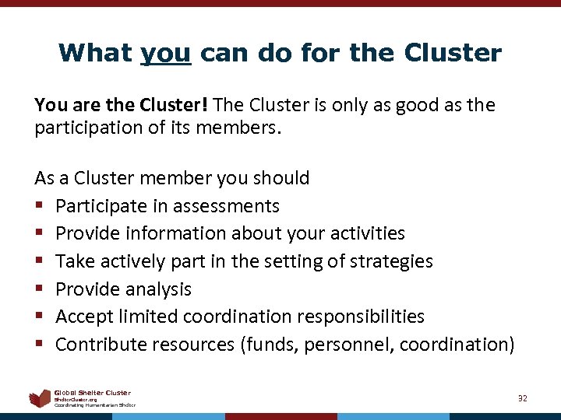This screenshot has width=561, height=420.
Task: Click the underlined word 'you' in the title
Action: (165, 53)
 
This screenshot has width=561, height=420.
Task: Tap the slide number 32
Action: (523, 398)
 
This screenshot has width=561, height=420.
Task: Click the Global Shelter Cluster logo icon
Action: (40, 399)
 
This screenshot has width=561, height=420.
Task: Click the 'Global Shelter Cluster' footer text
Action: (93, 393)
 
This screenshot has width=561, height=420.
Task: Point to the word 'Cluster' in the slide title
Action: (453, 53)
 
